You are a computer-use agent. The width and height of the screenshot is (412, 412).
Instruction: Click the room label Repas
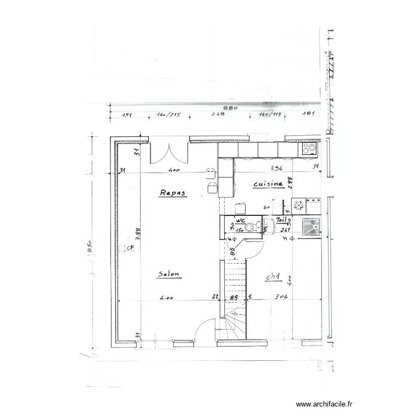pos(173,192)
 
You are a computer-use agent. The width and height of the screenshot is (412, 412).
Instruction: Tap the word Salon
pos(169,274)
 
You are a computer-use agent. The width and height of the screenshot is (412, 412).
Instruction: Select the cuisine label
pos(268,185)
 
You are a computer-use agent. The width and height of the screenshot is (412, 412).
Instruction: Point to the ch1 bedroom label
pos(273,278)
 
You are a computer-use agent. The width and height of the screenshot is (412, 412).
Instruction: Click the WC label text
pos(240,220)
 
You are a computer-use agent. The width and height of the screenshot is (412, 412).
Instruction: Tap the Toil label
pos(282,220)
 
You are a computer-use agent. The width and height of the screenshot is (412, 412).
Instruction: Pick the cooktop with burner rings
pos(308,148)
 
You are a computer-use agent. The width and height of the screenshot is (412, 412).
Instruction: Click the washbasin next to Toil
pos(269,225)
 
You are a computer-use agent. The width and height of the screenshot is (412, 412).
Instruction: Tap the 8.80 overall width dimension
pos(220,108)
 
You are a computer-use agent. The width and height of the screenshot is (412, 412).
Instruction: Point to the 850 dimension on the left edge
pos(88,246)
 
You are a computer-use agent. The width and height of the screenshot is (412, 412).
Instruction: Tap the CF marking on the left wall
pos(130,248)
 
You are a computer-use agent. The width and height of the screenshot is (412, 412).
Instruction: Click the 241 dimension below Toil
pos(285,230)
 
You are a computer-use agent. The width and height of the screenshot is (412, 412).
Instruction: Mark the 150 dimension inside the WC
pos(240,231)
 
